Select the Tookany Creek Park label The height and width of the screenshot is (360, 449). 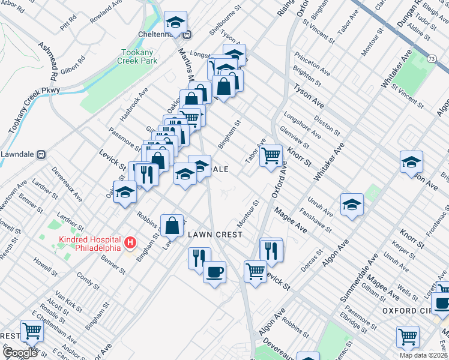(x=139, y=57)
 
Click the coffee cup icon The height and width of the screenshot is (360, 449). (x=214, y=273)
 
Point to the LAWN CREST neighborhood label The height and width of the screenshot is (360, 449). (x=214, y=234)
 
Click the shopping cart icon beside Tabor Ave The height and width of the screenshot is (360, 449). (x=271, y=156)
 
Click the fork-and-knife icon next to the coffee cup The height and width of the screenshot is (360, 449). (x=199, y=259)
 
